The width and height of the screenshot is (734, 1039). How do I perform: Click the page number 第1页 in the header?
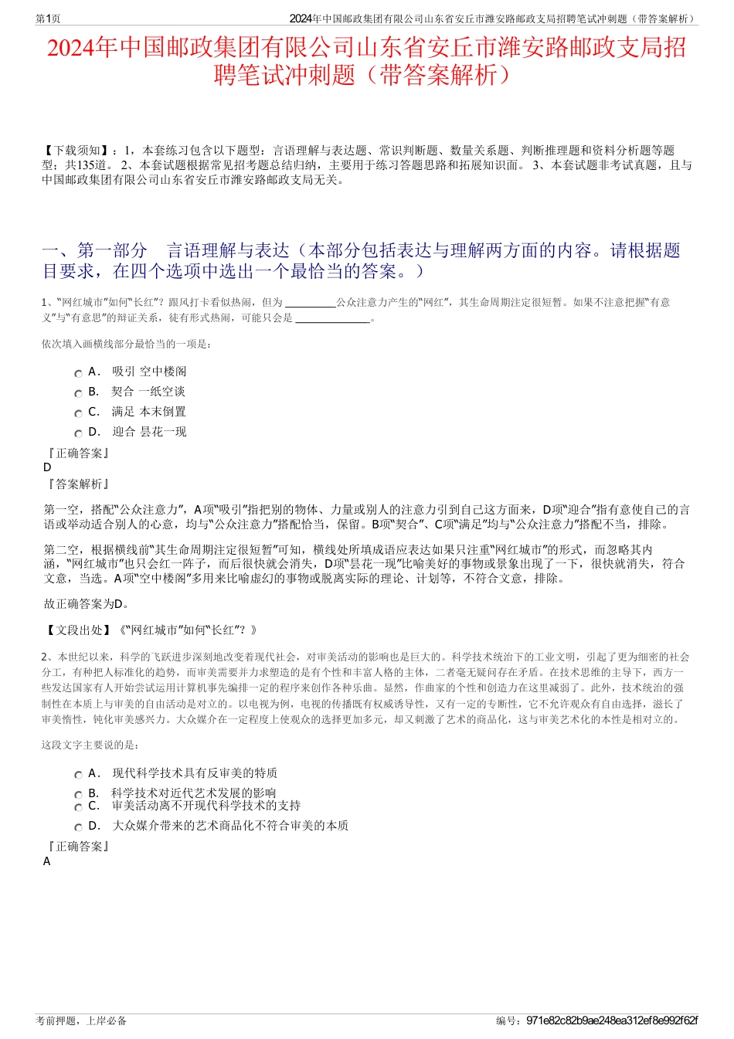tap(49, 19)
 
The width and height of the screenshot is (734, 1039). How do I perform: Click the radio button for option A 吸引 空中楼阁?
tap(79, 373)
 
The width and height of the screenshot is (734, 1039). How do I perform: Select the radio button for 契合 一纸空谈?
tap(79, 393)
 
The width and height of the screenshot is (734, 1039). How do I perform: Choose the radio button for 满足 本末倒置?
tap(79, 413)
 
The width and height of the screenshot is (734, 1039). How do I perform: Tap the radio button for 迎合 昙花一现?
tap(79, 433)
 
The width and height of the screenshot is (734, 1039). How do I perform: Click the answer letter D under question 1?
tap(47, 467)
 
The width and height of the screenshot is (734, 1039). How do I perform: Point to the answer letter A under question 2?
tap(47, 861)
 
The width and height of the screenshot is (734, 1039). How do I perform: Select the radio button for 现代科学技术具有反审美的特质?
tap(79, 775)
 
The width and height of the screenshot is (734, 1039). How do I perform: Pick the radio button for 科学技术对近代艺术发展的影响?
tap(79, 795)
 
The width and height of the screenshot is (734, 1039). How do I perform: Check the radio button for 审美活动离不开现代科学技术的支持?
tap(79, 807)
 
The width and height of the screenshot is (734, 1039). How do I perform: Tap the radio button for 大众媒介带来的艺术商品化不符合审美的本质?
tap(79, 827)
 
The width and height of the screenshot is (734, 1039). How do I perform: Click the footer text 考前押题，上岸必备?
tap(81, 1020)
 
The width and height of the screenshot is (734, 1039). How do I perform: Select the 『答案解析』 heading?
tap(77, 484)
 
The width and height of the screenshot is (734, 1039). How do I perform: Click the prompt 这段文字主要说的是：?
tap(91, 745)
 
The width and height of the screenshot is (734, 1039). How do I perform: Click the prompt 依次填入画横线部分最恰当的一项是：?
tap(127, 344)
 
